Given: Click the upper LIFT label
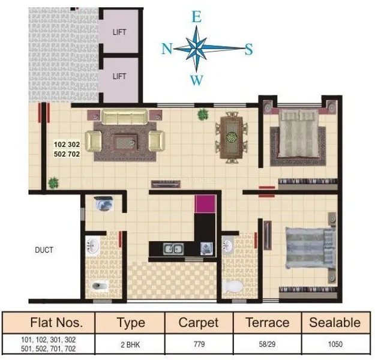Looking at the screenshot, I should pos(119,32).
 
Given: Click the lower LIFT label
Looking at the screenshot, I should pos(119,76).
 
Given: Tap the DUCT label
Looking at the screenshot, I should pos(44,250).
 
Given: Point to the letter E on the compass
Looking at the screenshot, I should pos(196,17).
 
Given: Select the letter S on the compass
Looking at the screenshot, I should pos(248,49).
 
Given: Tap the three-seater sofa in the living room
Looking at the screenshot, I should pos(124,116).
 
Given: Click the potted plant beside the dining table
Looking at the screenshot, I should pos(203,113).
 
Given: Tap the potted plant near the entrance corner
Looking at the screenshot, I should pos(53,182).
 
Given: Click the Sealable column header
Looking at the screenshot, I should pos(335,323).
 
